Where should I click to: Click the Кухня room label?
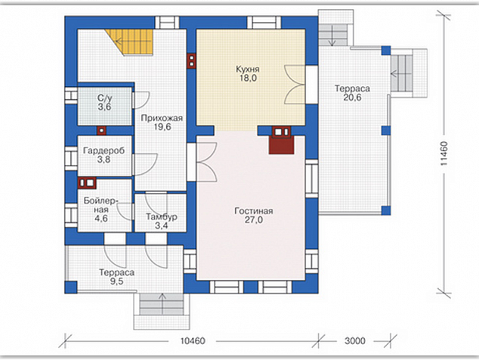[x=248, y=69]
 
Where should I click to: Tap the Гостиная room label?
[x=254, y=211]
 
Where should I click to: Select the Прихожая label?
[x=162, y=119]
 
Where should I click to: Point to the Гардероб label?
[x=104, y=151]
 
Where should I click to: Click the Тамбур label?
[x=162, y=217]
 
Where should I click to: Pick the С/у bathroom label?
[x=104, y=98]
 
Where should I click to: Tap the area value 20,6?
[x=352, y=98]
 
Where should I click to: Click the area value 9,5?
[x=116, y=281]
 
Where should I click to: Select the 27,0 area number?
[x=254, y=220]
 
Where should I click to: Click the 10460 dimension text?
[x=193, y=341]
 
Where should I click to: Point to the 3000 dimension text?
[x=355, y=341]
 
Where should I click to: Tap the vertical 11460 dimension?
[x=444, y=154]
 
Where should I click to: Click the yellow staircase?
[x=134, y=42]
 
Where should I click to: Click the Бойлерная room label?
[x=100, y=205]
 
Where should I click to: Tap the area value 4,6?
[x=100, y=219]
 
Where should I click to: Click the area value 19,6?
[x=162, y=127]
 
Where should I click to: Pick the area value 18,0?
[x=248, y=79]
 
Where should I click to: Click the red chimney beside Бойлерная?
[x=87, y=182]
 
